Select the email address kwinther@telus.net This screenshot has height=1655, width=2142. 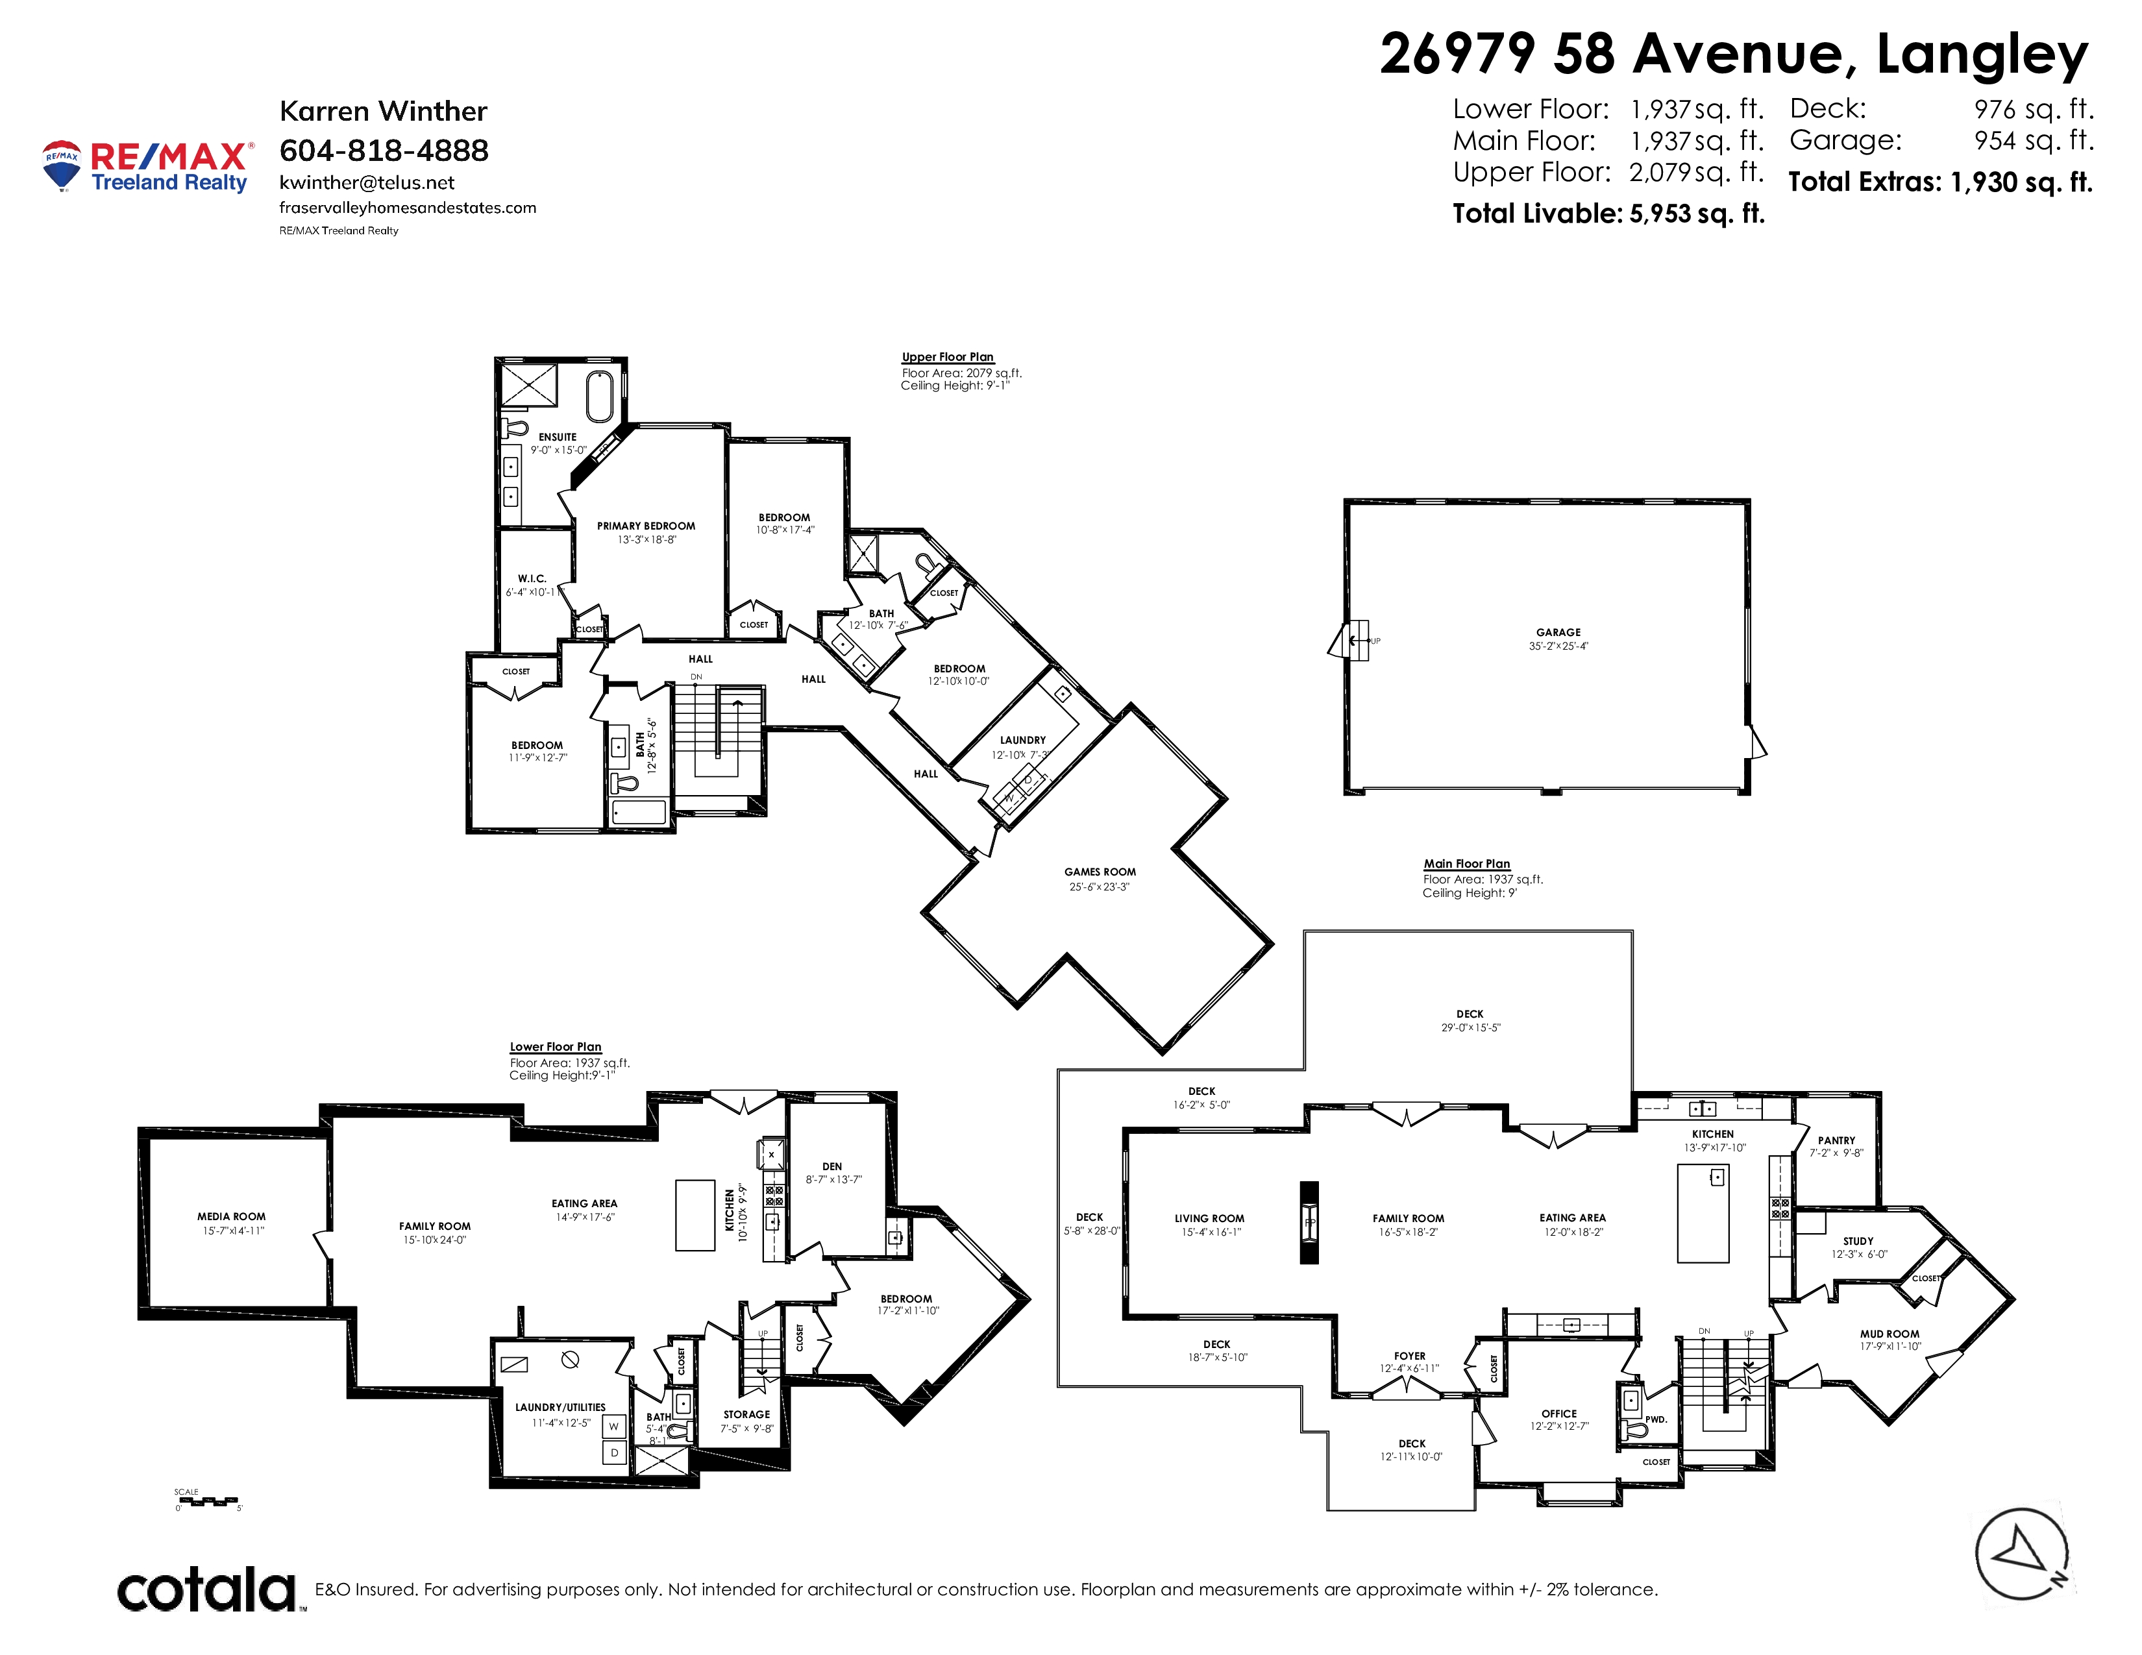point(367,182)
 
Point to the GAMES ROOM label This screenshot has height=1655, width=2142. point(1100,872)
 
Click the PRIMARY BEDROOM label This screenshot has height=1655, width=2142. point(646,526)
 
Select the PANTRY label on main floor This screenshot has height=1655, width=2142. point(1836,1140)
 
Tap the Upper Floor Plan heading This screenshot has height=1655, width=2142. point(948,357)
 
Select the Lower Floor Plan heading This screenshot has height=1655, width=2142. point(555,1047)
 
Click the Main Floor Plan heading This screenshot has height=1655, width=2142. point(1467,864)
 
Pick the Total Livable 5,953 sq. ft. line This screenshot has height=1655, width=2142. point(1608,214)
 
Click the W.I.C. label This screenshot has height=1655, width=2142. point(532,578)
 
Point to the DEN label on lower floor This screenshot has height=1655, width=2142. point(831,1167)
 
